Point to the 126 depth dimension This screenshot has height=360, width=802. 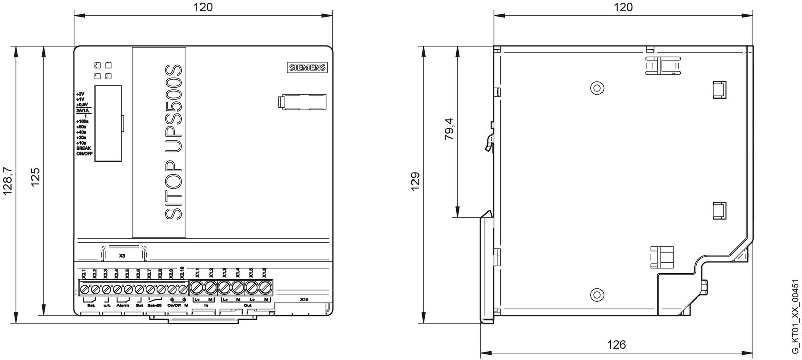616,345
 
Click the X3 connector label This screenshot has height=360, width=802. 122,255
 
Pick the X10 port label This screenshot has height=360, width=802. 304,300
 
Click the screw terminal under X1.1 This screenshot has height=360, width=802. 197,288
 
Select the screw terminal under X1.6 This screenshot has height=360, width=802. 264,288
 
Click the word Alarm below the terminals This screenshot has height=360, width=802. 123,305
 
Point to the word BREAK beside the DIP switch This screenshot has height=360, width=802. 83,149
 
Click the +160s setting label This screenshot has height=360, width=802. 82,121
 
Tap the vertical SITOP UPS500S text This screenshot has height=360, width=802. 172,142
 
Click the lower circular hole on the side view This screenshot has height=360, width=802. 596,294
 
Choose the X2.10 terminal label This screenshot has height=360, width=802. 183,272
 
